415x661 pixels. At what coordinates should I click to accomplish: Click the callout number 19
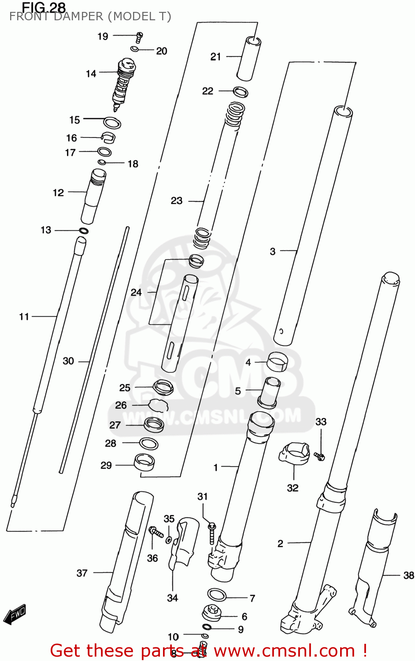(103, 37)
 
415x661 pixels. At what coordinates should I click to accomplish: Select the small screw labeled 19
(140, 37)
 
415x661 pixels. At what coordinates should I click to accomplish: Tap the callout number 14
(91, 74)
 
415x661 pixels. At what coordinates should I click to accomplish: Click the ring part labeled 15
(112, 123)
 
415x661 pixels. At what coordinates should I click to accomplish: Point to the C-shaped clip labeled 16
(108, 137)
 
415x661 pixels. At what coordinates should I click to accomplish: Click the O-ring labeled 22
(240, 92)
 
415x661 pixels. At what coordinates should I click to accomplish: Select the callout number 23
(177, 201)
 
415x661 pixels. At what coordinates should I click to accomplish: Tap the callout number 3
(273, 252)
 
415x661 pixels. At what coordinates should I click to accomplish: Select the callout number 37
(82, 573)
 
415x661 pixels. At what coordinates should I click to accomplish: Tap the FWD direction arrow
(15, 614)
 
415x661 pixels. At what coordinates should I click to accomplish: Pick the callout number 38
(408, 575)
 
